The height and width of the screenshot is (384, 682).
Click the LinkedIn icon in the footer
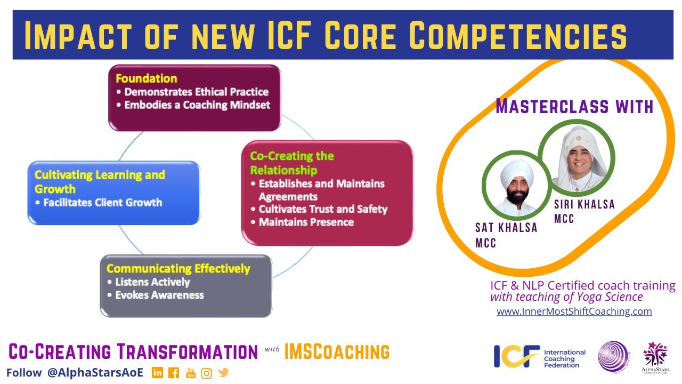[157, 373]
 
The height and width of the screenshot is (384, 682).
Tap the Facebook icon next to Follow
[174, 373]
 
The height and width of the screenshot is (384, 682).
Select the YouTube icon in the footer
[190, 373]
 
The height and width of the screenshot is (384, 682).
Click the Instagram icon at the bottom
[207, 373]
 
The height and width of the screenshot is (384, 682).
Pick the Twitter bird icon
[223, 373]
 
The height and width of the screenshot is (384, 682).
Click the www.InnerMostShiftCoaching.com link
[574, 311]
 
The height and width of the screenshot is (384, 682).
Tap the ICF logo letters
[516, 356]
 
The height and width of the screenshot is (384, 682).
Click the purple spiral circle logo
[613, 356]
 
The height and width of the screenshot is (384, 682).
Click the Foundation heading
[146, 78]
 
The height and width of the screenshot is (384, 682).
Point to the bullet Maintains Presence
[306, 222]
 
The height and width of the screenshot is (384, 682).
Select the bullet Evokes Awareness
[159, 295]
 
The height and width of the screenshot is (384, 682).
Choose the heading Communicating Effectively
[178, 268]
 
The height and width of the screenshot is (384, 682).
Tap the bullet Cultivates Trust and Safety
[322, 209]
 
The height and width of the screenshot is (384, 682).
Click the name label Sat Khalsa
[506, 228]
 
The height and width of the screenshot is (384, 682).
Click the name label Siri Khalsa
[584, 205]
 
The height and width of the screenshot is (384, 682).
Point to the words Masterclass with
[574, 107]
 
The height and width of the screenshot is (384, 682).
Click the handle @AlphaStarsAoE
[95, 373]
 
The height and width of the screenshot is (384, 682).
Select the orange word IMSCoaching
[337, 352]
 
